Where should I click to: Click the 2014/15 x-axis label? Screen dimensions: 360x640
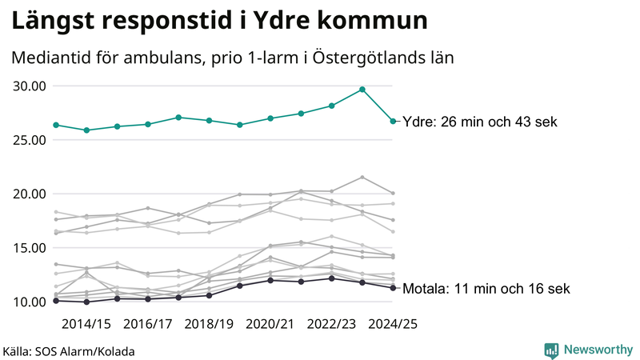click(86, 324)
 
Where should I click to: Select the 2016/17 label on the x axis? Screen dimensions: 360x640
click(148, 324)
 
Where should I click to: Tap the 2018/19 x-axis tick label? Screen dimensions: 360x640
click(209, 324)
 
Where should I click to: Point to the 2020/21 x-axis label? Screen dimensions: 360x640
click(270, 324)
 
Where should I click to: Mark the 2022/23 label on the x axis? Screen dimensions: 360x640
click(331, 324)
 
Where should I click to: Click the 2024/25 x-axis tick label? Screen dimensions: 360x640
click(392, 324)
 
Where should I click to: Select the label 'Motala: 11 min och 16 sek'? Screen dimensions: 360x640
click(487, 289)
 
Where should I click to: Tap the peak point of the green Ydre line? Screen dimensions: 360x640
click(362, 90)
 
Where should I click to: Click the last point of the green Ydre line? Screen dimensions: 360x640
click(393, 122)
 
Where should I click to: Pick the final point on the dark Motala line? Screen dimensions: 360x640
click(393, 288)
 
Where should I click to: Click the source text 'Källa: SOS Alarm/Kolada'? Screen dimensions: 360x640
click(69, 351)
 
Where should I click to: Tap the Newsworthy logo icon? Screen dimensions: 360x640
click(551, 350)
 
